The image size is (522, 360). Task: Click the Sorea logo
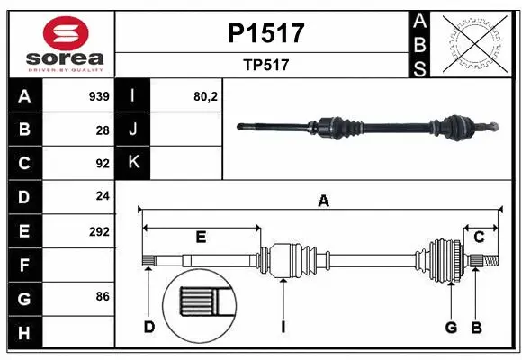(x=60, y=46)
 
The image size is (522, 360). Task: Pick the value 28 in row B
(x=103, y=130)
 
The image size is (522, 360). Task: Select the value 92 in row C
(x=103, y=164)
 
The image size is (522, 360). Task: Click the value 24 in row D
(x=103, y=197)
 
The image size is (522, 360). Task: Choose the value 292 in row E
(x=99, y=231)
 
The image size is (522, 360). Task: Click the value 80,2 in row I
(x=206, y=96)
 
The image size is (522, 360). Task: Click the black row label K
(x=133, y=164)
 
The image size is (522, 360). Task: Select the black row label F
(x=23, y=265)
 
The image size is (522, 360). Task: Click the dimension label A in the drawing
(x=323, y=202)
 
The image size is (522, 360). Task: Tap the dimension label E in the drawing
(x=201, y=237)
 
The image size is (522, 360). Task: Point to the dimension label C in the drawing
(x=479, y=237)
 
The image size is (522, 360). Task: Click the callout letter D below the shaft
(x=149, y=327)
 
